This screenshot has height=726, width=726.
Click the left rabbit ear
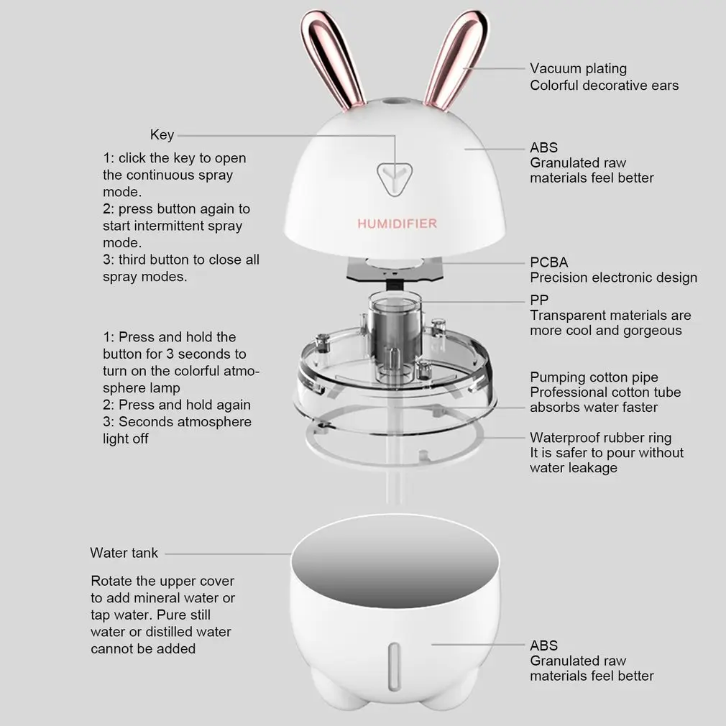[x=331, y=58]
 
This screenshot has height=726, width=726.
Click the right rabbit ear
[x=456, y=58]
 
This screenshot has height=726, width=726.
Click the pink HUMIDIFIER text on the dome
[x=397, y=224]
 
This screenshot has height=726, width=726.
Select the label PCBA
[x=548, y=262]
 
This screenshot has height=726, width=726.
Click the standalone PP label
[x=539, y=300]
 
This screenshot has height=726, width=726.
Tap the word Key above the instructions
[x=162, y=134]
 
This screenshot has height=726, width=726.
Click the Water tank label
[x=124, y=553]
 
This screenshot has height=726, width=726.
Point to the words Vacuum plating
[x=579, y=68]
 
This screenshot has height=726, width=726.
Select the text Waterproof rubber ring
[x=600, y=438]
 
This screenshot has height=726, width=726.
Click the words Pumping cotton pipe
[x=594, y=377]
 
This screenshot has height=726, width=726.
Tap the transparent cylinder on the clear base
[x=395, y=331]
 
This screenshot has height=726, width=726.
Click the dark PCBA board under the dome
[x=395, y=271]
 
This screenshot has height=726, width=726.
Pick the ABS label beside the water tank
[x=543, y=645]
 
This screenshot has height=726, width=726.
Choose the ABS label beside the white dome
[x=543, y=147]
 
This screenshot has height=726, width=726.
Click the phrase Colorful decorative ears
[x=605, y=86]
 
